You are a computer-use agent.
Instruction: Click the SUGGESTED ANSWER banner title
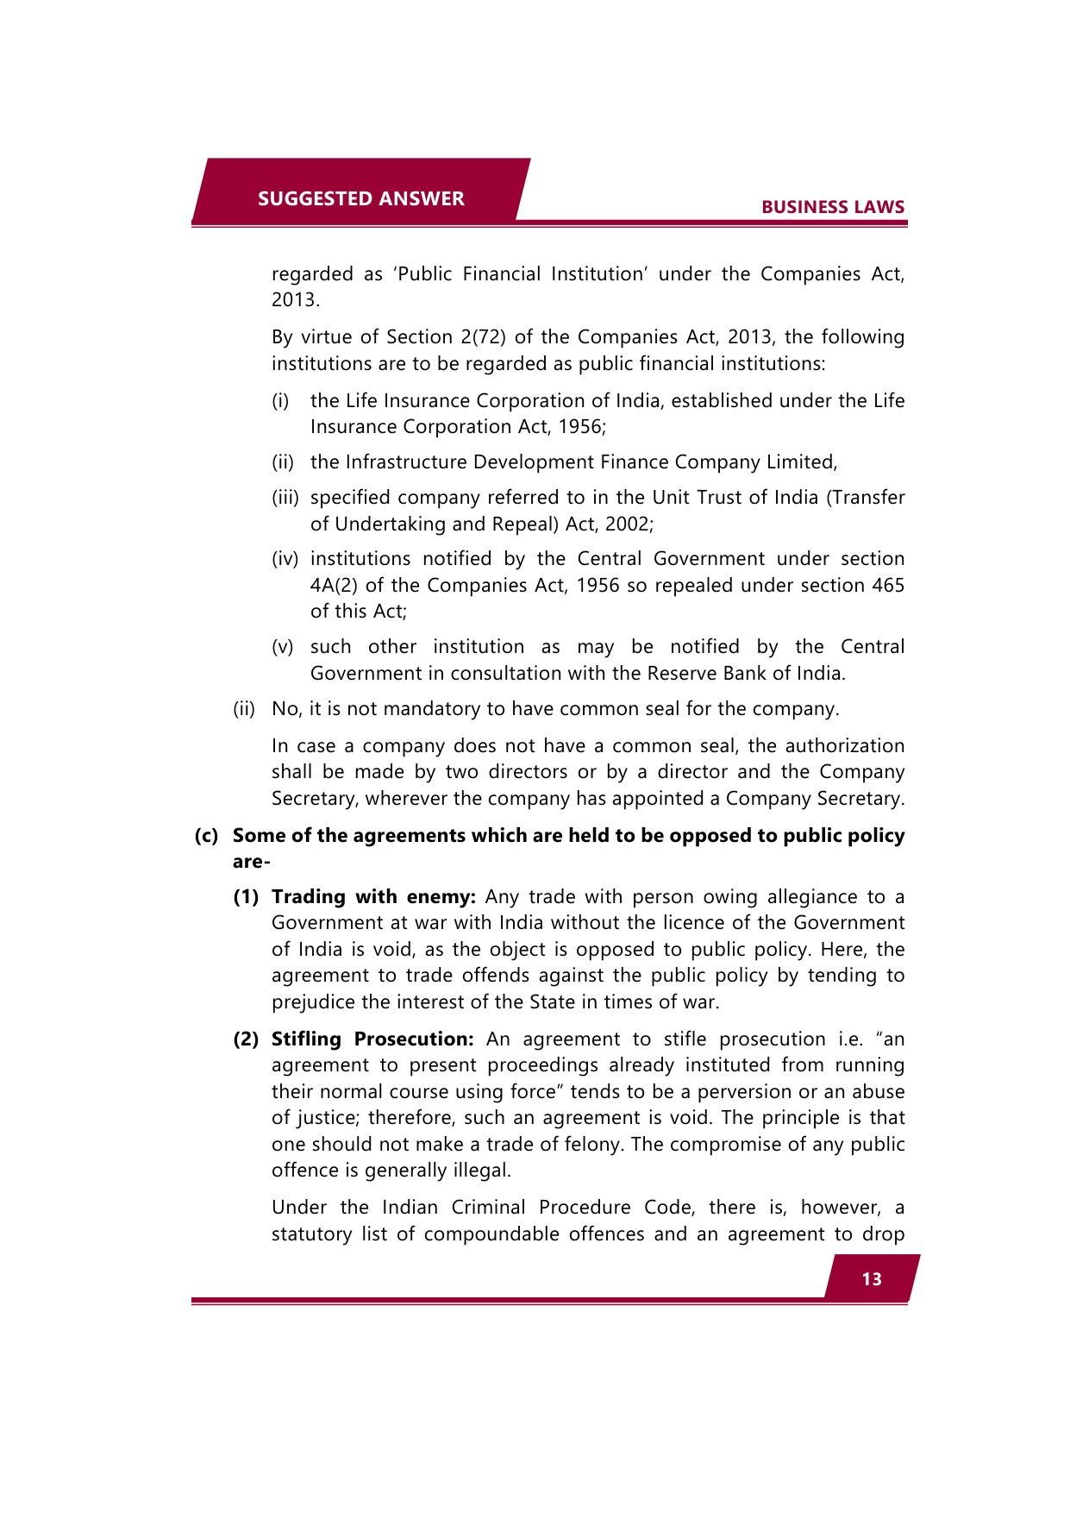[360, 198]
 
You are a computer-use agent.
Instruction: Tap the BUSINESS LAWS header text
[832, 207]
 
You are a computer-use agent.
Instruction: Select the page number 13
[872, 1279]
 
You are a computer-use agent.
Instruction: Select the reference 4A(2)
[334, 586]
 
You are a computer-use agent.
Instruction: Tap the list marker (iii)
[285, 498]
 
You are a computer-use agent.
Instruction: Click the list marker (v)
[283, 647]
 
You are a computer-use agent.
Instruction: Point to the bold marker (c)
[206, 836]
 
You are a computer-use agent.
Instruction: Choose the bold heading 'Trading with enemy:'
[373, 897]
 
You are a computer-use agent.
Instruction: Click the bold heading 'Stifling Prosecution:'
[372, 1039]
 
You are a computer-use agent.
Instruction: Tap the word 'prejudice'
[314, 1002]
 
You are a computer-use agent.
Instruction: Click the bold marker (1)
[246, 897]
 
